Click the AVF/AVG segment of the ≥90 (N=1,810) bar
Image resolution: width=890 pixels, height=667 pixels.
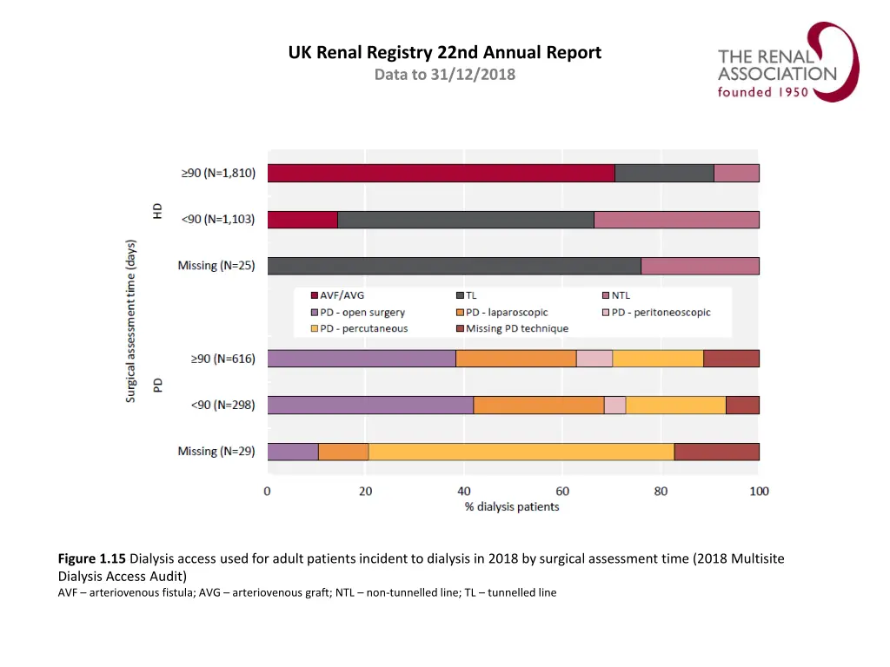pyautogui.click(x=441, y=173)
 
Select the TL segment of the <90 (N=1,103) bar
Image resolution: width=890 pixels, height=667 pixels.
pyautogui.click(x=465, y=220)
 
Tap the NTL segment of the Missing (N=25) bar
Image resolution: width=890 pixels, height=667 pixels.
pyautogui.click(x=700, y=266)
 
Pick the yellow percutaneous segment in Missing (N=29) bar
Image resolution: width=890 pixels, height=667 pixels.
pyautogui.click(x=521, y=452)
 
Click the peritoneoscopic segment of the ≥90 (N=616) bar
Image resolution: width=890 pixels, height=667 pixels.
pyautogui.click(x=594, y=359)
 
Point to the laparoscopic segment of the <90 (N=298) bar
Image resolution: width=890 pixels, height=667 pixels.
pyautogui.click(x=538, y=405)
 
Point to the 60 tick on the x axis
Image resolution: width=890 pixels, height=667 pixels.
pyautogui.click(x=562, y=492)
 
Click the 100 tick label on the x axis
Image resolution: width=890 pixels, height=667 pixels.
pyautogui.click(x=759, y=492)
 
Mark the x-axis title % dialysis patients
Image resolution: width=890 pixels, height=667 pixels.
pyautogui.click(x=512, y=507)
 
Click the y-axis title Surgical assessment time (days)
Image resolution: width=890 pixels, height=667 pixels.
pyautogui.click(x=131, y=321)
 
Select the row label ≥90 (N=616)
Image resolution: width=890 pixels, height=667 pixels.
pyautogui.click(x=218, y=359)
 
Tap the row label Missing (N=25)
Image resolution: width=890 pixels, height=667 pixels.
pyautogui.click(x=216, y=266)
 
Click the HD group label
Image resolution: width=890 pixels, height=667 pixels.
pyautogui.click(x=158, y=212)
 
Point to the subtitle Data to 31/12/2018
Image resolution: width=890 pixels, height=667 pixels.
pyautogui.click(x=444, y=75)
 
